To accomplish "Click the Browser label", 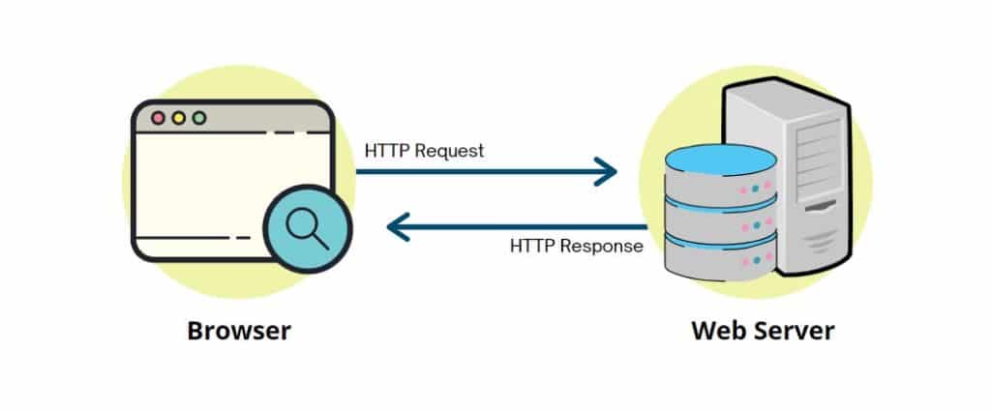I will click(239, 331).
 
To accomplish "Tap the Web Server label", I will click(763, 331).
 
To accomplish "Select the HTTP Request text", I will click(424, 151).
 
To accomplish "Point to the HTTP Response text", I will click(577, 246).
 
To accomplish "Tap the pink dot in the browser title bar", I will click(158, 118).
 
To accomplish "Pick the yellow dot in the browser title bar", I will click(178, 118).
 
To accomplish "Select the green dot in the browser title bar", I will click(198, 118).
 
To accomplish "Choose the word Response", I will click(606, 246).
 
